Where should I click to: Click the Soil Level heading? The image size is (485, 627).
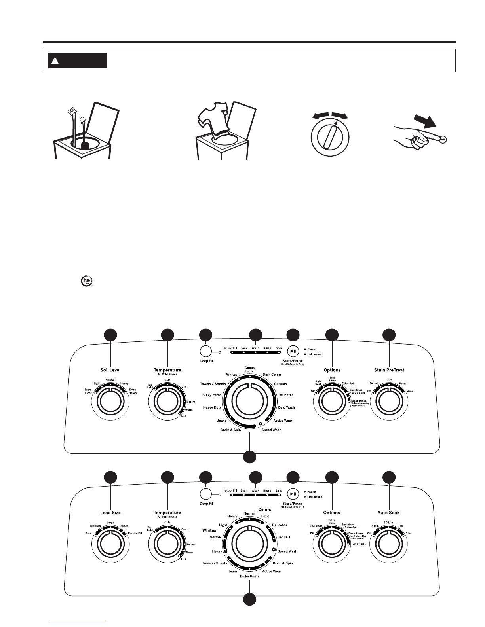(110, 370)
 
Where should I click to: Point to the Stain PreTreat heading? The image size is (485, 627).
(389, 370)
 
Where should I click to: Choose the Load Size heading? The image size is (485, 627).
(110, 513)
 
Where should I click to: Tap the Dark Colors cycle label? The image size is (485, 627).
(272, 375)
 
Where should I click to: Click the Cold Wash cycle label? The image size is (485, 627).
(286, 407)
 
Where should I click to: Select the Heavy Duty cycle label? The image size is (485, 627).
(212, 407)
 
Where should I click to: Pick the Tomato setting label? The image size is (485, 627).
(375, 383)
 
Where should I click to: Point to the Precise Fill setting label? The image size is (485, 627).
(135, 534)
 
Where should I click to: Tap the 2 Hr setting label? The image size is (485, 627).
(409, 534)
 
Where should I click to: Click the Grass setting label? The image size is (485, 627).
(403, 383)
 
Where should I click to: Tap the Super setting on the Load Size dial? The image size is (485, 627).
(124, 526)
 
